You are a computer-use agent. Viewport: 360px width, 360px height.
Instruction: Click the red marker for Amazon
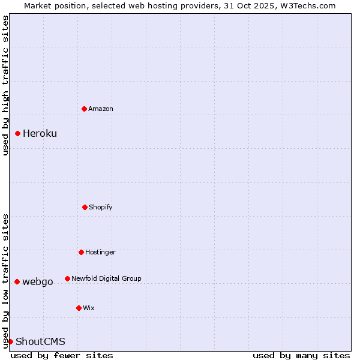[84, 109]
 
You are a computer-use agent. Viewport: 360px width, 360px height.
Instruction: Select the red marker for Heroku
[18, 133]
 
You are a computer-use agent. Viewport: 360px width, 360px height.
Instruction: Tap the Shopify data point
[85, 207]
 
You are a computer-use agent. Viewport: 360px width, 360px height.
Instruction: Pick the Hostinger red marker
[81, 252]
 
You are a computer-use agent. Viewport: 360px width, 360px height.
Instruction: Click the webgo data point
[17, 281]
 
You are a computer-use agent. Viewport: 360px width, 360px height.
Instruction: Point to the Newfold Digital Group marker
[67, 278]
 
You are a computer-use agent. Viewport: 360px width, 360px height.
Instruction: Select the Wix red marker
[79, 308]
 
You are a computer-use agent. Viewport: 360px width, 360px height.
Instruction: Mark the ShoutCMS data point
[10, 341]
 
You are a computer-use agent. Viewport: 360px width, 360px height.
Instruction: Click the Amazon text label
[101, 109]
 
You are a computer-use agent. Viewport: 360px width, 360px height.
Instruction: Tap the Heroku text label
[40, 133]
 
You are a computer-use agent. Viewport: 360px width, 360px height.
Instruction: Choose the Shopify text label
[101, 207]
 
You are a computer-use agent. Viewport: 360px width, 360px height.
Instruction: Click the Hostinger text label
[100, 252]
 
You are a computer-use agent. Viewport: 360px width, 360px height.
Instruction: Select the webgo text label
[38, 281]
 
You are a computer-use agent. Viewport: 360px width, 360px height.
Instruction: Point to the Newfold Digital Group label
[106, 278]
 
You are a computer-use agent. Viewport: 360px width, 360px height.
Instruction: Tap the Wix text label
[89, 308]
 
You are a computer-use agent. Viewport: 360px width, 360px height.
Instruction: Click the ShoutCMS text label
[40, 341]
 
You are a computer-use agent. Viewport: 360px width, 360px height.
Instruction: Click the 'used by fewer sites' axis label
[62, 355]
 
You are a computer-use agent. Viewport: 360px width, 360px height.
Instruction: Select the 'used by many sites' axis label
[301, 355]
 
